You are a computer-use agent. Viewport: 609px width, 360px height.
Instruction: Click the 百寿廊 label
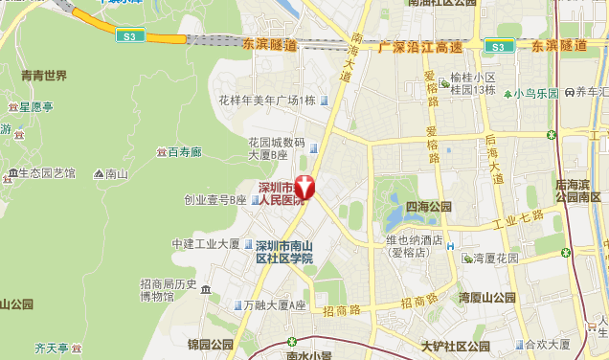185,152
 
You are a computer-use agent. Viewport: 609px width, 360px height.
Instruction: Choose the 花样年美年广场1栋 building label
267,101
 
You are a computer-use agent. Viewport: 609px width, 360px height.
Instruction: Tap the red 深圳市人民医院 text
276,193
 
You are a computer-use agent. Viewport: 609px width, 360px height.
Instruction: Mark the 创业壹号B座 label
216,200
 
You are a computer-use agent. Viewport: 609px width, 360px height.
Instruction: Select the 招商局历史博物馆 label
168,290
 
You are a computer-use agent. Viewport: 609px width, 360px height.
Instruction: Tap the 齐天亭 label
51,348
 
